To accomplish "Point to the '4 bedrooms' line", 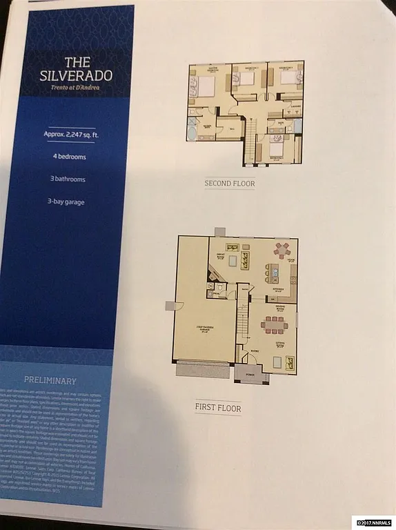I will [77, 155].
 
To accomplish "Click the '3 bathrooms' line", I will [77, 179].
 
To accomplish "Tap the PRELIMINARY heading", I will [50, 380].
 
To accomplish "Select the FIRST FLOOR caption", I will [217, 409].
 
